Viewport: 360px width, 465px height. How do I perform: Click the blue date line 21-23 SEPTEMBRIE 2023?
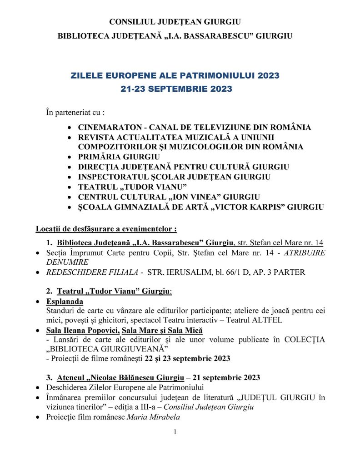tap(176, 89)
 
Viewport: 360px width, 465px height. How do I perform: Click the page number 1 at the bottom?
tap(175, 432)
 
